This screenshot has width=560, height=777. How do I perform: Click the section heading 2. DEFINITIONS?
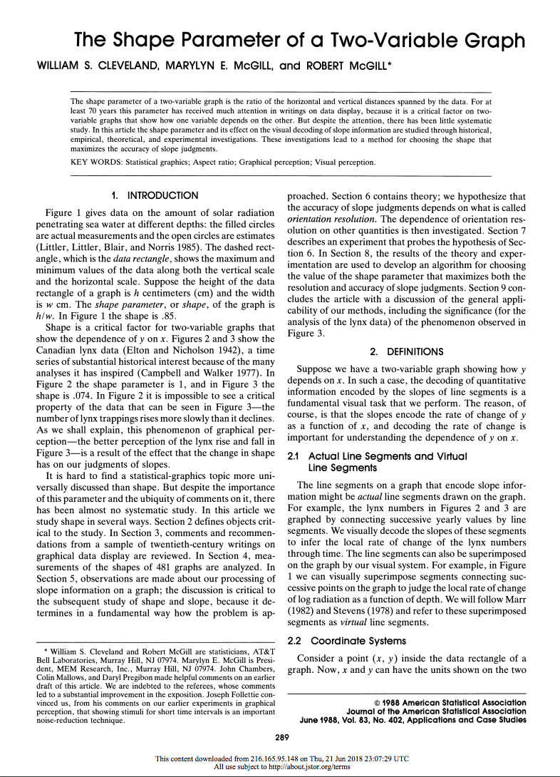tap(406, 351)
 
